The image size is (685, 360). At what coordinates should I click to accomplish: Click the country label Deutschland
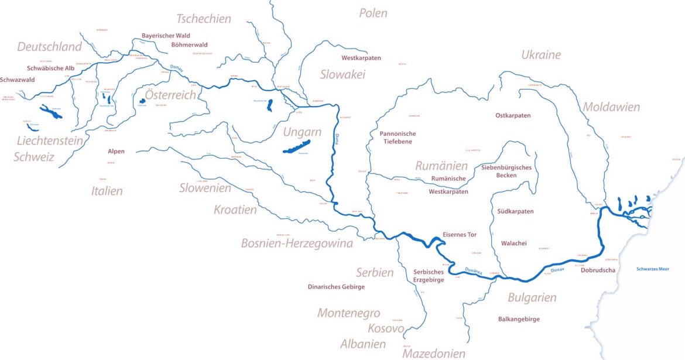pyautogui.click(x=50, y=47)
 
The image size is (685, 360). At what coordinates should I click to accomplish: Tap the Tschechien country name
pyautogui.click(x=204, y=19)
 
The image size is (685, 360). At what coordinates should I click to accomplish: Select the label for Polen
pyautogui.click(x=373, y=13)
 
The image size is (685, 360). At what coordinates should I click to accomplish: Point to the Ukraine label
pyautogui.click(x=541, y=55)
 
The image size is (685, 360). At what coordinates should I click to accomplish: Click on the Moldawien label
pyautogui.click(x=611, y=107)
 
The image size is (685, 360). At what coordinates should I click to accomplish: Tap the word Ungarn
pyautogui.click(x=302, y=132)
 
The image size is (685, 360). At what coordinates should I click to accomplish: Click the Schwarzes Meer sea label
pyautogui.click(x=652, y=269)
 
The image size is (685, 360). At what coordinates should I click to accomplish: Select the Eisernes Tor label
pyautogui.click(x=460, y=235)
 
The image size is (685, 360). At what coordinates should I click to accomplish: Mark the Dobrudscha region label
pyautogui.click(x=598, y=270)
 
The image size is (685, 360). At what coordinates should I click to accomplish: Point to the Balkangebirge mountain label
pyautogui.click(x=519, y=319)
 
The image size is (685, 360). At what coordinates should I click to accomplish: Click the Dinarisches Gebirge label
pyautogui.click(x=336, y=287)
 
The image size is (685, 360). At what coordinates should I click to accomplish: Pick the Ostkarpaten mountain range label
pyautogui.click(x=513, y=116)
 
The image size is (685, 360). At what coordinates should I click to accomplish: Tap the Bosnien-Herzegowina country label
pyautogui.click(x=297, y=244)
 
